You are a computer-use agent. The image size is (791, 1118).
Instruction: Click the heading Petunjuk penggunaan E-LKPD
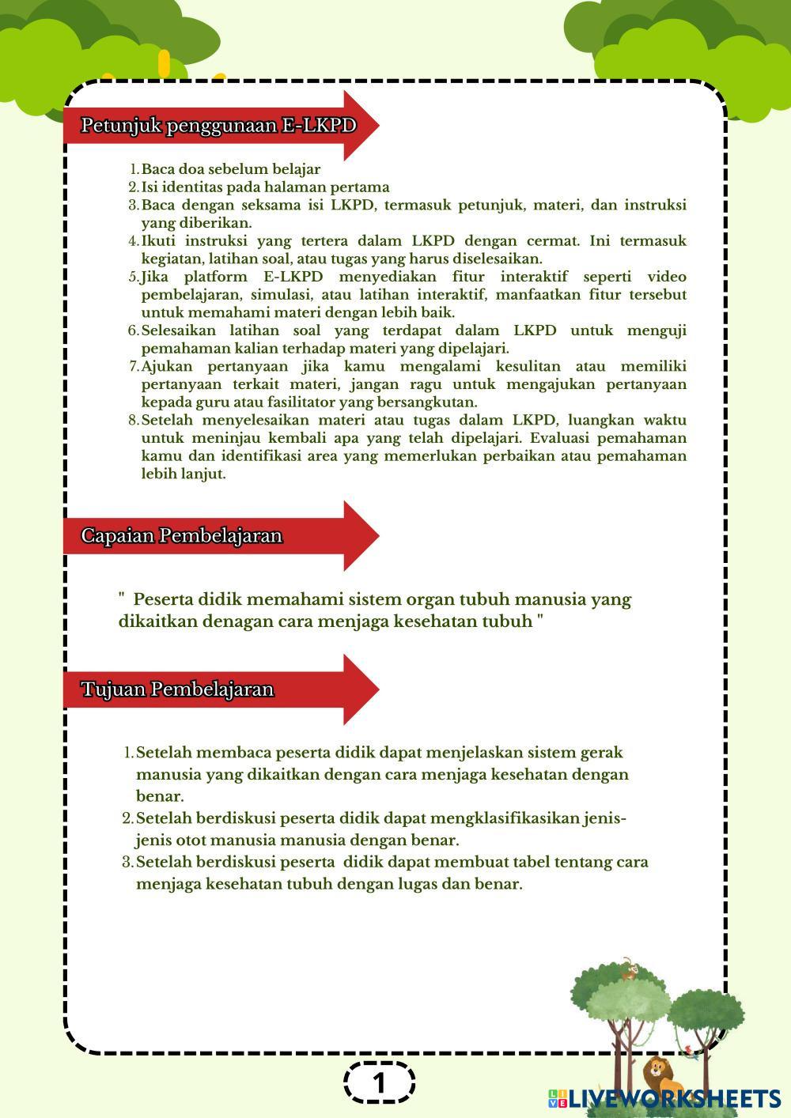(x=218, y=126)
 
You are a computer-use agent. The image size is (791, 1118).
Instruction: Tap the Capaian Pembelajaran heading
(x=181, y=536)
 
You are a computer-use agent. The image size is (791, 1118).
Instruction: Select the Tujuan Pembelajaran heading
(x=177, y=689)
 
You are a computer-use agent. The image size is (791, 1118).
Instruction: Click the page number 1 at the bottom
(x=380, y=1082)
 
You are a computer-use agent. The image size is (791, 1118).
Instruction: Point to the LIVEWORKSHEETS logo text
(x=673, y=1098)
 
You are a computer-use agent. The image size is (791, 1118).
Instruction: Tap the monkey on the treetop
(x=628, y=969)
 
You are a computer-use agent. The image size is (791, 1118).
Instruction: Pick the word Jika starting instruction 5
(x=155, y=277)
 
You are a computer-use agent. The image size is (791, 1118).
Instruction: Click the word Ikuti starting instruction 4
(x=158, y=240)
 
